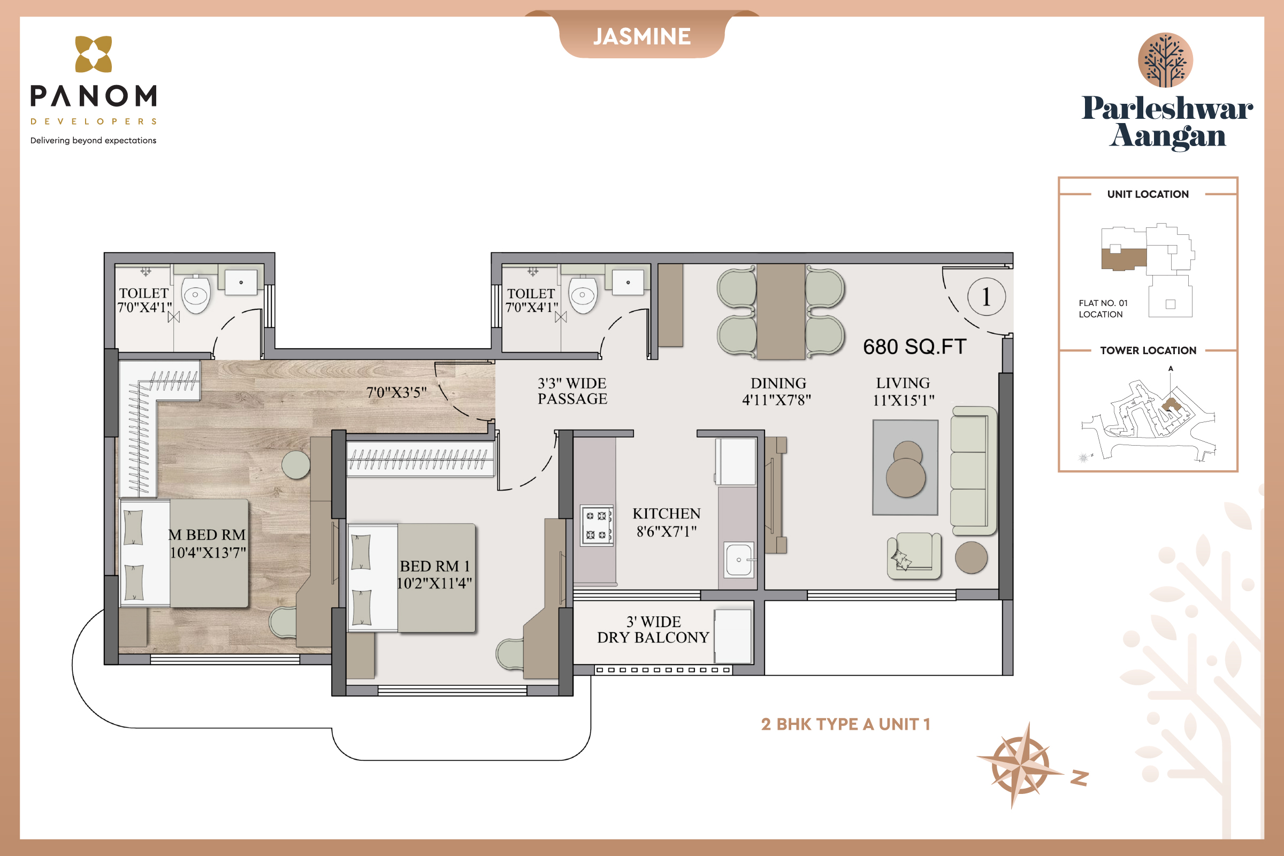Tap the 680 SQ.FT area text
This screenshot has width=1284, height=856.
point(914,347)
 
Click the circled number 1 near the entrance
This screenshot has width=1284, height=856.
point(987,297)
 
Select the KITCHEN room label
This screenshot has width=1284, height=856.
point(666,514)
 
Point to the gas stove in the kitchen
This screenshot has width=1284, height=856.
point(595,525)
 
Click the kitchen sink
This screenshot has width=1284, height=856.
point(739,559)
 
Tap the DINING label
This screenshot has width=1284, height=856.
point(778,383)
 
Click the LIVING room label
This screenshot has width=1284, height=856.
point(903,383)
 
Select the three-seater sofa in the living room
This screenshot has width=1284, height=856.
point(973,471)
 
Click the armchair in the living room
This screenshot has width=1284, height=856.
point(914,556)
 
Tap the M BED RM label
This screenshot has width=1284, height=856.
point(207,534)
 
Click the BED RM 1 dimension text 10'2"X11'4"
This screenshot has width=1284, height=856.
point(434,583)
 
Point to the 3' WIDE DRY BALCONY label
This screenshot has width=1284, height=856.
point(653,630)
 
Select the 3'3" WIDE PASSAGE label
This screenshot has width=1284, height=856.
point(572,391)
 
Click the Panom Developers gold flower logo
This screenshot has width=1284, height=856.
point(93,54)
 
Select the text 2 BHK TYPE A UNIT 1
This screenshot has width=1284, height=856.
point(846,724)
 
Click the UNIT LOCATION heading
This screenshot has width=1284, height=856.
point(1148,194)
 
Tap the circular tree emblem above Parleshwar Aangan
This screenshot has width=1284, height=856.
point(1165,60)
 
